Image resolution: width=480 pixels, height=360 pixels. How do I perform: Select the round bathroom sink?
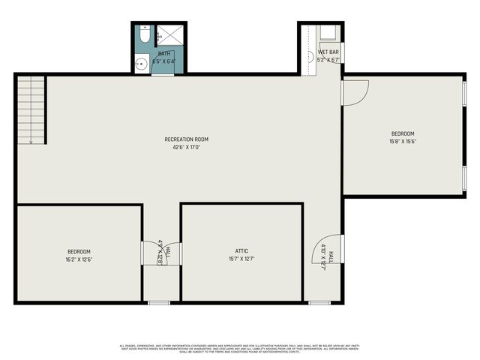point(140,64)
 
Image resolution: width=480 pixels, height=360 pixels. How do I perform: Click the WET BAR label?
point(328,52)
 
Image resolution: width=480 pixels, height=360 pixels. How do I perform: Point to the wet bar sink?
point(310,56)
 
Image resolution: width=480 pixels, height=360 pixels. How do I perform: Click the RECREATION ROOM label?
point(186,139)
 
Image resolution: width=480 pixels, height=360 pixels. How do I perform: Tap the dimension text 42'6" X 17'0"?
point(186,147)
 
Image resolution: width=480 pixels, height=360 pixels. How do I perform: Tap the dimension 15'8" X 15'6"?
point(402,141)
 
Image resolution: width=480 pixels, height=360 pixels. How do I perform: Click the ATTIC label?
point(241,251)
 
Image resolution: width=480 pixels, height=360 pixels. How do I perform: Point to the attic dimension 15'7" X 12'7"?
point(241,259)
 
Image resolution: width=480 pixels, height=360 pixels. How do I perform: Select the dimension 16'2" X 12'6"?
point(79,259)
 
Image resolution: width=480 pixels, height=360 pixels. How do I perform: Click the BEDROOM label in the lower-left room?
point(79,251)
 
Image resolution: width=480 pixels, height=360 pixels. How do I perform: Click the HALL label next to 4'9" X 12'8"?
point(167,251)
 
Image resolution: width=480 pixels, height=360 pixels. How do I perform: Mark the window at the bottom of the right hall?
point(320,303)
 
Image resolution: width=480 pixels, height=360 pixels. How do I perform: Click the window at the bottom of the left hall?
point(158,303)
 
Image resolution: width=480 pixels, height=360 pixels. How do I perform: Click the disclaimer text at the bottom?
point(240,348)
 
